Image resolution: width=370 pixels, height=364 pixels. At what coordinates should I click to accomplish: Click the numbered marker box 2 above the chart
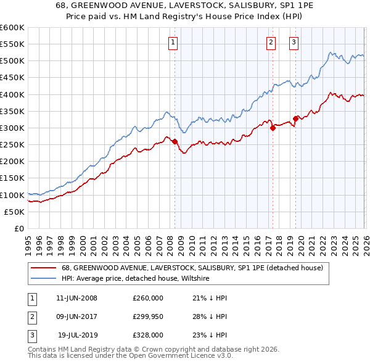click(271, 43)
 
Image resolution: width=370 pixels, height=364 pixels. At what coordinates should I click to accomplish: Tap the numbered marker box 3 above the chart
click(294, 43)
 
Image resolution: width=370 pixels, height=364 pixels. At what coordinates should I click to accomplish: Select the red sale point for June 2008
click(175, 141)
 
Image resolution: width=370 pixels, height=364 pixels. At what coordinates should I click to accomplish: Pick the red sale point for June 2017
click(273, 128)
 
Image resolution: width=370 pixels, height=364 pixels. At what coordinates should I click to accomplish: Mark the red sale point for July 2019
click(296, 118)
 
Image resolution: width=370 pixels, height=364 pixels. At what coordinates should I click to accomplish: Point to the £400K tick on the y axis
click(12, 94)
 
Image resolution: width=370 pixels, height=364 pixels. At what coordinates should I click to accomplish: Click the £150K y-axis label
click(12, 178)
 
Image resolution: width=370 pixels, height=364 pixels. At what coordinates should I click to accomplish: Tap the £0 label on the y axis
click(18, 228)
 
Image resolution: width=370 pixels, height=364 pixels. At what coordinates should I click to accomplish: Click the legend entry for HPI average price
click(136, 279)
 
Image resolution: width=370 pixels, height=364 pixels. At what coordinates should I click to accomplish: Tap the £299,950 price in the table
click(148, 316)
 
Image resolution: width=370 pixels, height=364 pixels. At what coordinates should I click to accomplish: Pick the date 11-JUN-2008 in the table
click(76, 298)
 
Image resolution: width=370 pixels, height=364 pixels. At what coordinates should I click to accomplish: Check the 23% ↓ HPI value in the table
click(210, 335)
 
